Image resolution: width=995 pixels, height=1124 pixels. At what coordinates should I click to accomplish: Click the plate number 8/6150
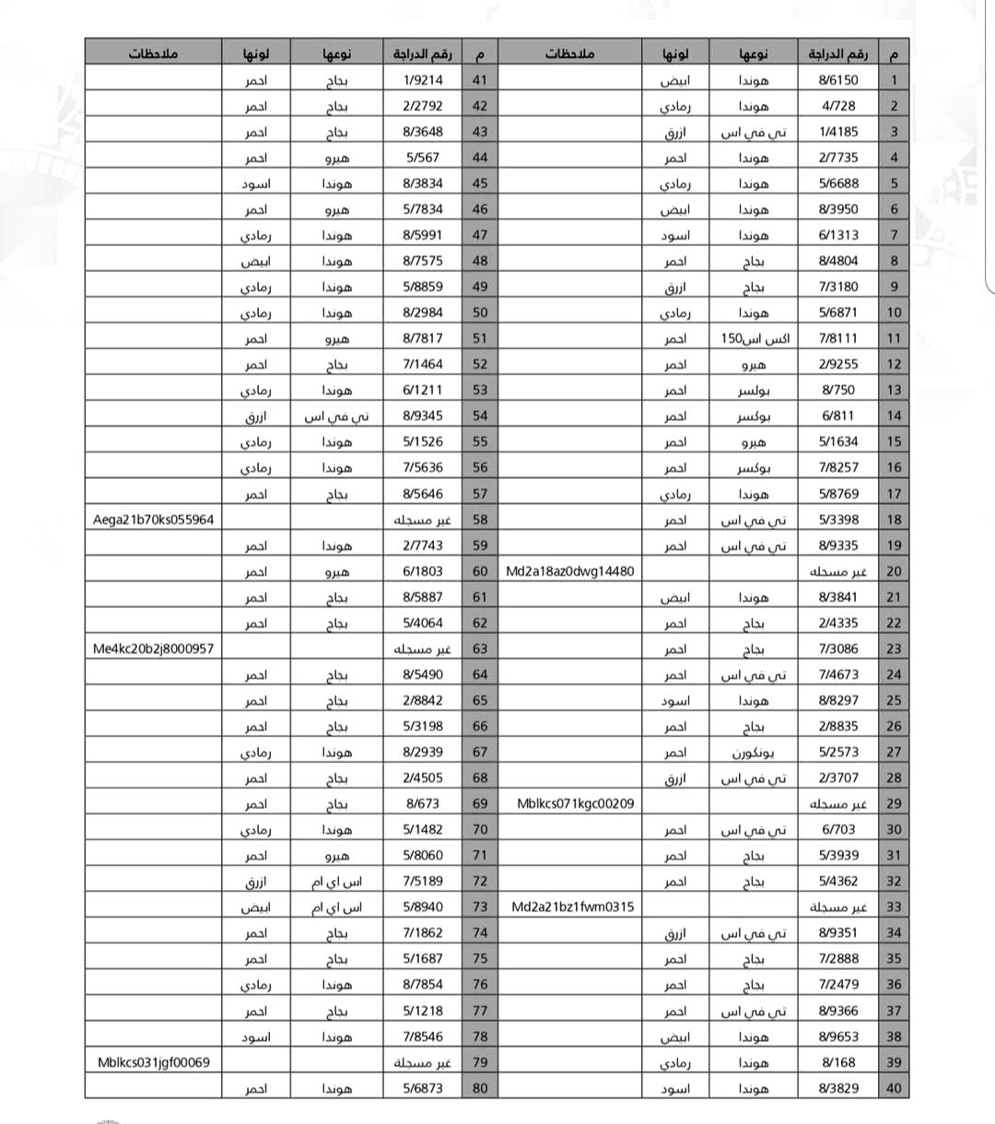[837, 80]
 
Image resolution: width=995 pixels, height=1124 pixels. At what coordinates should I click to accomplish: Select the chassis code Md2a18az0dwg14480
[569, 571]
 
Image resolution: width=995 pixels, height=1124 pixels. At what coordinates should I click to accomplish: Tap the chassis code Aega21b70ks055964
[153, 520]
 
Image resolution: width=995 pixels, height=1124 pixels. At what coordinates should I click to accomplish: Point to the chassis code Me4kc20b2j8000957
[153, 649]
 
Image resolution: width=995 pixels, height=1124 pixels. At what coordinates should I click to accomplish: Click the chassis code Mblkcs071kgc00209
[575, 803]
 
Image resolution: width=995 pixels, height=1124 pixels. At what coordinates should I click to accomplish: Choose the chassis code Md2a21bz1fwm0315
[572, 907]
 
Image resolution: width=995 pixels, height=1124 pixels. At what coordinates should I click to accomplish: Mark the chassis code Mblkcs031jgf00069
[153, 1062]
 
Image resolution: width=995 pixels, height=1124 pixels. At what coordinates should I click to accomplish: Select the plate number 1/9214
[422, 80]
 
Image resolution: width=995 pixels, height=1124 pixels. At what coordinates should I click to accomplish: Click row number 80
[480, 1088]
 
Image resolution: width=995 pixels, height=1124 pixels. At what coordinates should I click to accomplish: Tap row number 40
[894, 1088]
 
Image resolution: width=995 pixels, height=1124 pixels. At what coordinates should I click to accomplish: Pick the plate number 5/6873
[422, 1088]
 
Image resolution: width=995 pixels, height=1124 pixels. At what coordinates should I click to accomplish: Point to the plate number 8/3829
[837, 1088]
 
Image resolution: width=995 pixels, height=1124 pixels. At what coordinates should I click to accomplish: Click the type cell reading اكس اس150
[755, 339]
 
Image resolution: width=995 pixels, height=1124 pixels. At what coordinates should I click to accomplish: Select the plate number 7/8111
[837, 339]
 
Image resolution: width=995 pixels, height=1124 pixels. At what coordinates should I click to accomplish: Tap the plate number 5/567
[422, 158]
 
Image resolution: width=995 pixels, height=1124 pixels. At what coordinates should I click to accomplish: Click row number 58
[480, 520]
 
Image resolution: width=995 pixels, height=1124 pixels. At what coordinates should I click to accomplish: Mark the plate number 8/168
[837, 1062]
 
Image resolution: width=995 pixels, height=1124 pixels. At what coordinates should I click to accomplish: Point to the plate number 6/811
[837, 416]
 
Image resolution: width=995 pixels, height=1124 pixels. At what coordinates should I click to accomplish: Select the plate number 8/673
[422, 803]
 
